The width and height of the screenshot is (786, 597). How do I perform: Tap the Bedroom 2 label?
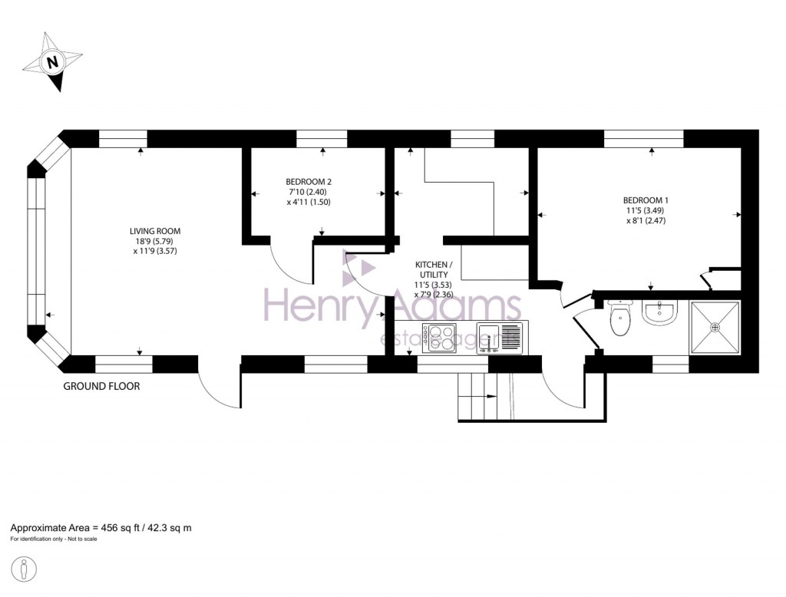pos(309,183)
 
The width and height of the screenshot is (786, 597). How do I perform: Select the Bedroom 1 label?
pos(641,201)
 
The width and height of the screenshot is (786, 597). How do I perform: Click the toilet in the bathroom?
pos(618,319)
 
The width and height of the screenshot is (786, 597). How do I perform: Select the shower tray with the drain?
pos(715,328)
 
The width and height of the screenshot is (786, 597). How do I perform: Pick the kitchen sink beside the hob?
pos(500,338)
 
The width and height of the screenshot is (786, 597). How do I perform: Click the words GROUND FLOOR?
pos(101,387)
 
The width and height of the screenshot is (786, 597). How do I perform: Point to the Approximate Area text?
pos(101,528)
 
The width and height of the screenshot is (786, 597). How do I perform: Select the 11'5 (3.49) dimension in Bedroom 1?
pos(641,211)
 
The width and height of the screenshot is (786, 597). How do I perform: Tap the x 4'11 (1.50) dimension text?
pos(309,202)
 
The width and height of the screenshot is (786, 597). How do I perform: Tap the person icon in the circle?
pos(25,570)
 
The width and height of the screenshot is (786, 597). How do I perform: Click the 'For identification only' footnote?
pos(54,539)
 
